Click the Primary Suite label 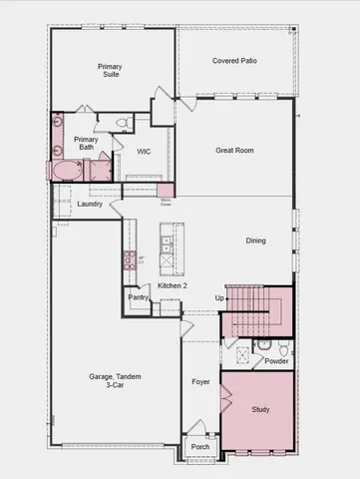(110, 70)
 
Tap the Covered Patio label (234, 61)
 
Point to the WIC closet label (144, 153)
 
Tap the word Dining (256, 239)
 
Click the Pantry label (138, 297)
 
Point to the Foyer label (199, 381)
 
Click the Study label (259, 410)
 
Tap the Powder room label (276, 361)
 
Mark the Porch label (199, 447)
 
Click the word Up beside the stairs (219, 297)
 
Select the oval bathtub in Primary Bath (67, 170)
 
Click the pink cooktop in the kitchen (129, 260)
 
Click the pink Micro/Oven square (165, 190)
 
